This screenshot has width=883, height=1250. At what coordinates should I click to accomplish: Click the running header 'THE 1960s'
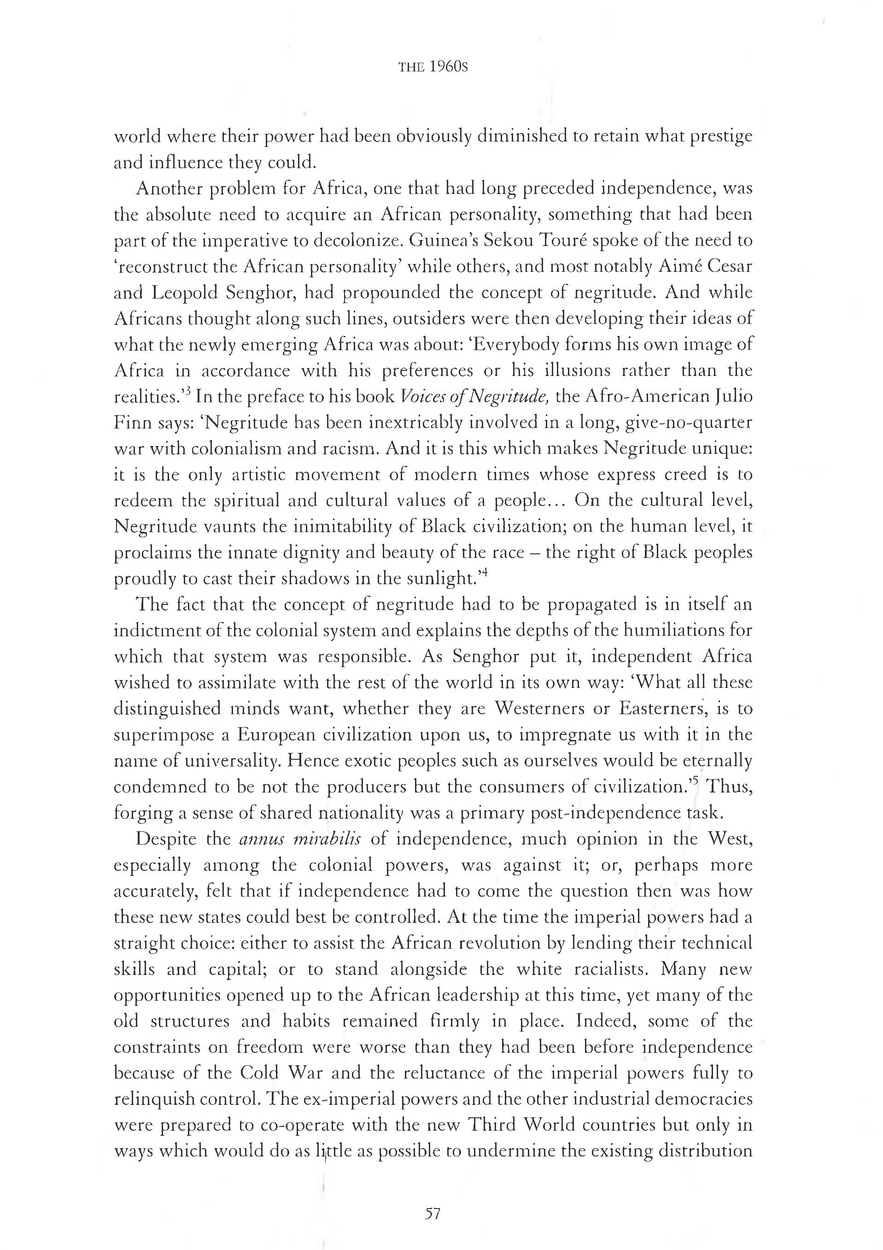tap(433, 67)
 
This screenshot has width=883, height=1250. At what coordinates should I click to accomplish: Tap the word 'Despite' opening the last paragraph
tap(165, 839)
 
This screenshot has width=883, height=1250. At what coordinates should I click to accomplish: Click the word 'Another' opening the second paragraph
tap(168, 188)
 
